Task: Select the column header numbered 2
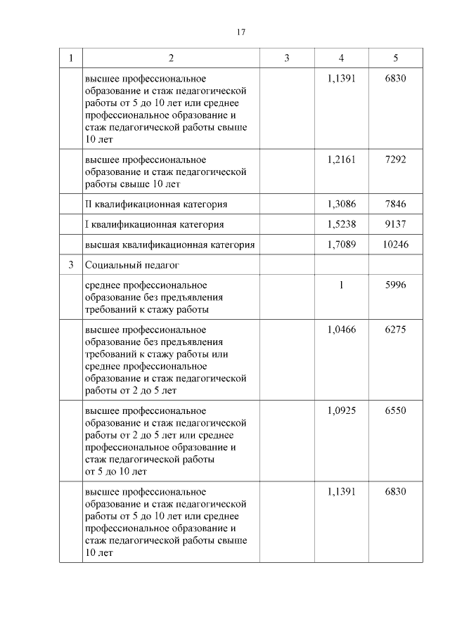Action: [171, 58]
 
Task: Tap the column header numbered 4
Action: [341, 58]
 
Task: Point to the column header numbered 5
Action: [395, 58]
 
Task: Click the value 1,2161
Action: [341, 160]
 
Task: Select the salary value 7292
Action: [395, 160]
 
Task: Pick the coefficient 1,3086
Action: [341, 204]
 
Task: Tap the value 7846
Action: [395, 204]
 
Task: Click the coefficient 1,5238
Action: [341, 224]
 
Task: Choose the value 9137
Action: [395, 224]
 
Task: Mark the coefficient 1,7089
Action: [341, 245]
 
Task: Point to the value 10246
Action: [395, 245]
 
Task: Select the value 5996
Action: [395, 285]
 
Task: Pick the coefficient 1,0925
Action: [341, 410]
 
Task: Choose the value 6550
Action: [395, 410]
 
